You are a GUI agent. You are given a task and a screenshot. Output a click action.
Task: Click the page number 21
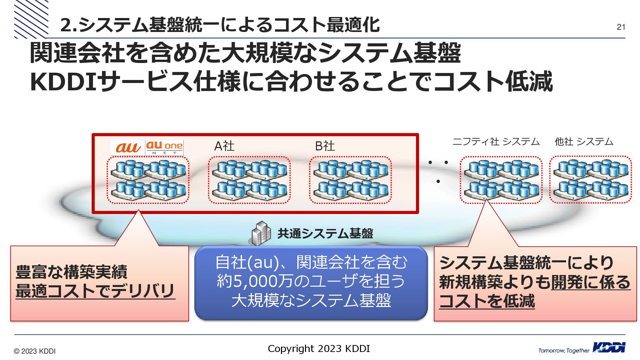[621, 27]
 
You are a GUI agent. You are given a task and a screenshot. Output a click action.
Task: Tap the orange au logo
[128, 147]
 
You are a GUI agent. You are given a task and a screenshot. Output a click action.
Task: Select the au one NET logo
[164, 148]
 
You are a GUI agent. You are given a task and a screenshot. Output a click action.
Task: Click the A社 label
[224, 146]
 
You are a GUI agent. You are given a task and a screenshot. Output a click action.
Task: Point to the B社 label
[325, 146]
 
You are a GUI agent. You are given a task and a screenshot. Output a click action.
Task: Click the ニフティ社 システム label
[496, 142]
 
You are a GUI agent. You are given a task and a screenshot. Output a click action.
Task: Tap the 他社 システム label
[584, 142]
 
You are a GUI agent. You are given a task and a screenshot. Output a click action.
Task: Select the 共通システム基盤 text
[325, 233]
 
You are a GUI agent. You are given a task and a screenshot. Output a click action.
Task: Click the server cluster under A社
[249, 180]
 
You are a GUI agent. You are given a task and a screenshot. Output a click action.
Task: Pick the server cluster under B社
[350, 180]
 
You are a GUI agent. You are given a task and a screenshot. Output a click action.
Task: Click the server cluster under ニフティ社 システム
[501, 180]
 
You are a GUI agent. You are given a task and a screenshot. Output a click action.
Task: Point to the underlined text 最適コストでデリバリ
[95, 291]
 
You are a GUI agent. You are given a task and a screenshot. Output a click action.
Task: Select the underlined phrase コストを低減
[487, 301]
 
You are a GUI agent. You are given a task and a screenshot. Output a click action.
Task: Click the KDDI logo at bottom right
[609, 348]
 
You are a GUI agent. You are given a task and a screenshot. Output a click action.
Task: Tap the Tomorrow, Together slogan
[564, 350]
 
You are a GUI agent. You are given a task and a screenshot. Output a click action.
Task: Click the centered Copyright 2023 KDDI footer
[319, 349]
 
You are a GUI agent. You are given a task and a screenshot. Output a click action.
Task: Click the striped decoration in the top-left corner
[31, 19]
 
